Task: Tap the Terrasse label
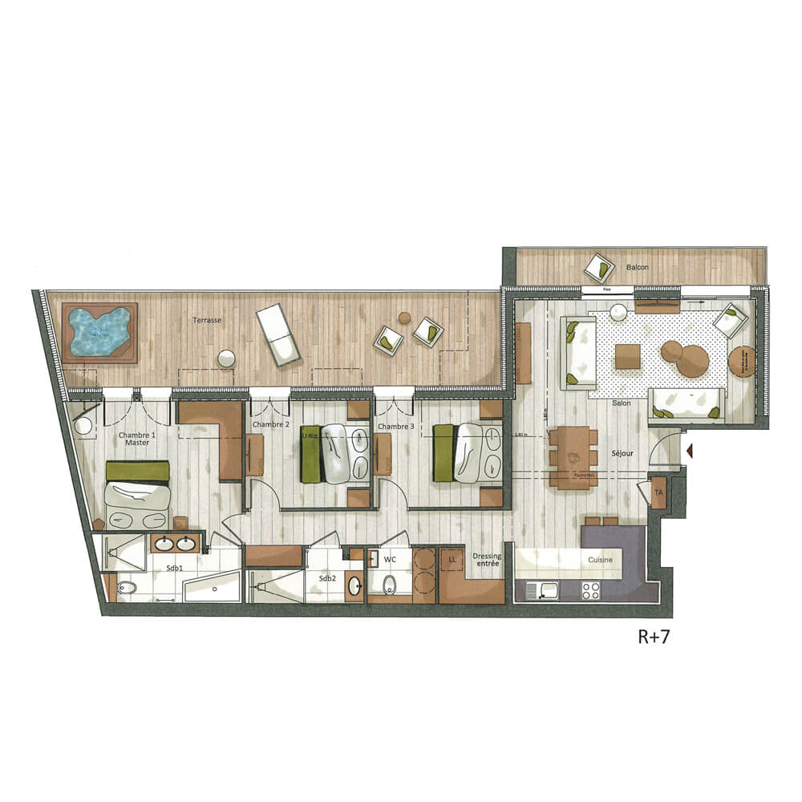pos(206,319)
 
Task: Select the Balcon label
pos(638,266)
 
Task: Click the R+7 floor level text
pos(653,638)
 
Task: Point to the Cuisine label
pos(600,559)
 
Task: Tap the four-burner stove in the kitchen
pos(591,591)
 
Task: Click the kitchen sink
pos(549,591)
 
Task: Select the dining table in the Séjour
pos(573,457)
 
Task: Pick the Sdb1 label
pos(175,569)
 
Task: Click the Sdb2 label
pos(326,578)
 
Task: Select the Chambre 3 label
pos(395,427)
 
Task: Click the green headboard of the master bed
pos(138,471)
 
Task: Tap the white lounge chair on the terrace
pos(277,334)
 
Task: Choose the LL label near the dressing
pos(452,556)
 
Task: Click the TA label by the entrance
pos(658,492)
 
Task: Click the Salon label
pos(618,403)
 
